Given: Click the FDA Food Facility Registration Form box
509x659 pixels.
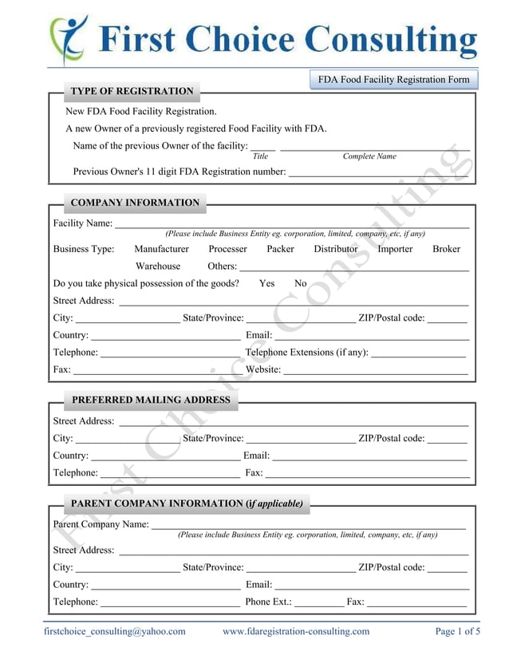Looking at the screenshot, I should click(x=393, y=80).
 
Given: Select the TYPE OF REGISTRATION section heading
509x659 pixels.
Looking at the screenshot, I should click(x=132, y=91).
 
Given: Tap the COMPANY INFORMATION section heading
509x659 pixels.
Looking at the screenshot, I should click(x=135, y=203).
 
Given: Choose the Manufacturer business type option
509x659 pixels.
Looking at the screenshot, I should click(x=161, y=249).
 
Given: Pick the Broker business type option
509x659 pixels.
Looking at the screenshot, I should click(x=446, y=249).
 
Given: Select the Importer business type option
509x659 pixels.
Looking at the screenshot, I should click(x=395, y=249).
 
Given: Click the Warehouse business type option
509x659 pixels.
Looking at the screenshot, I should click(x=158, y=266).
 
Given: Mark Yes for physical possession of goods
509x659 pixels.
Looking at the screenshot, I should click(x=266, y=283).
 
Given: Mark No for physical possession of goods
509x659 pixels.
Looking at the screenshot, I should click(x=300, y=283).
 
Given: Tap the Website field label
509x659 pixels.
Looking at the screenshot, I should click(x=262, y=369).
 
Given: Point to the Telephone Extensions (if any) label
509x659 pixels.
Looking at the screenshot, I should click(x=307, y=352).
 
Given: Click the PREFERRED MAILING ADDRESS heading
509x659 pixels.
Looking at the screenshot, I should click(x=151, y=400).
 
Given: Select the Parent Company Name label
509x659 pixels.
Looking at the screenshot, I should click(x=101, y=524).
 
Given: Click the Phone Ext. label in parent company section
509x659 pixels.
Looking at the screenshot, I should click(x=268, y=602).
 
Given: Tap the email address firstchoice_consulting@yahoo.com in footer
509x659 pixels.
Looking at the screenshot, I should click(x=114, y=631).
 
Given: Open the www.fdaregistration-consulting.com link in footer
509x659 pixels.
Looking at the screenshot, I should click(x=296, y=631).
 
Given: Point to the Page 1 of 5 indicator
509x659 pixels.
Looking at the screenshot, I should click(x=457, y=631).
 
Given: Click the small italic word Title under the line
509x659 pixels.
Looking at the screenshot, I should click(x=260, y=156).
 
